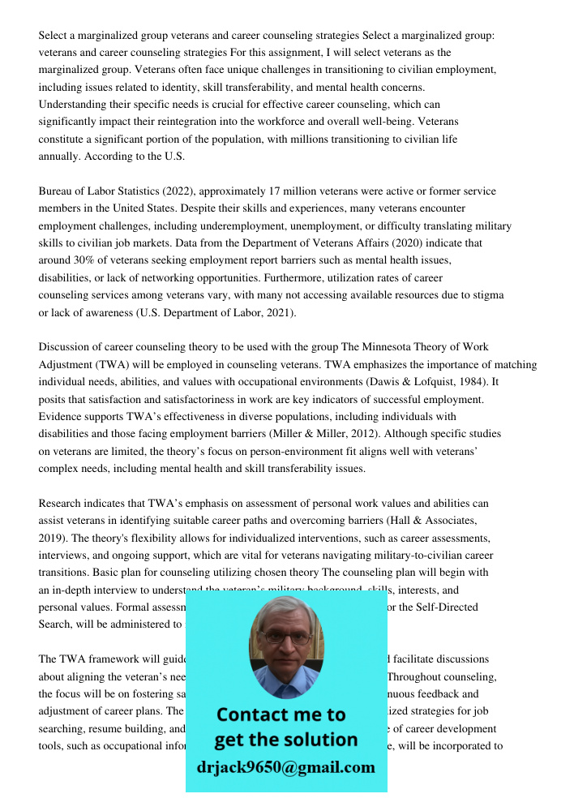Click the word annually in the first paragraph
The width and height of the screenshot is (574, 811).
(62, 157)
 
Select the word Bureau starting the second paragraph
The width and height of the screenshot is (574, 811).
(58, 191)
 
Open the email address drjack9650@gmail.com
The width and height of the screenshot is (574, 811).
(285, 767)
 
